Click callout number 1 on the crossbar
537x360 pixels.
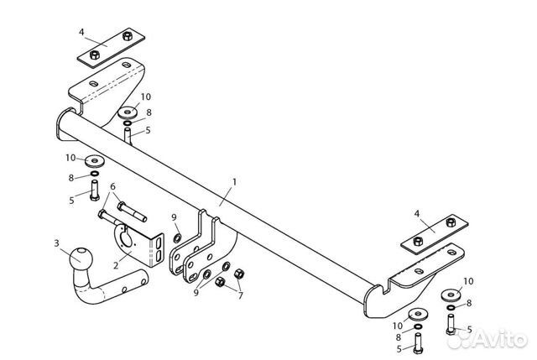[235, 181]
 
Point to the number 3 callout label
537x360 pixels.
[57, 243]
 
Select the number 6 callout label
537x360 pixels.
[112, 186]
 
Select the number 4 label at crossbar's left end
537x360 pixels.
[82, 32]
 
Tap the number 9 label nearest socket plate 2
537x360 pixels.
[174, 218]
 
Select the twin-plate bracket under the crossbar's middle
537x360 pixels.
[201, 248]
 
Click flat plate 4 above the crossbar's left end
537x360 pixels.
[109, 52]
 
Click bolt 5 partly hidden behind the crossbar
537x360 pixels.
[128, 137]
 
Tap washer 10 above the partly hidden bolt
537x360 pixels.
[129, 112]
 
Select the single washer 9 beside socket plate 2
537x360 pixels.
[178, 239]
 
